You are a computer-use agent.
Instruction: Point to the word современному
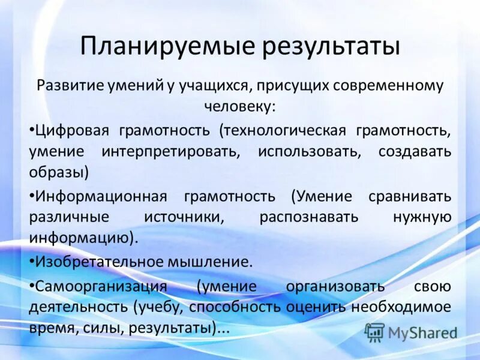coord(384,85)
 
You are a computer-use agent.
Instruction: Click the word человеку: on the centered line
coord(240,106)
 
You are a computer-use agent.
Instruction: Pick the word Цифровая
coord(68,130)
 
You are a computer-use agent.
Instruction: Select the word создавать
coord(415,151)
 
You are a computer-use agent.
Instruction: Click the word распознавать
coord(309,217)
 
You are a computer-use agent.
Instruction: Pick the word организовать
coord(335,285)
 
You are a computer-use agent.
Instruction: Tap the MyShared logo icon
coord(375,332)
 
